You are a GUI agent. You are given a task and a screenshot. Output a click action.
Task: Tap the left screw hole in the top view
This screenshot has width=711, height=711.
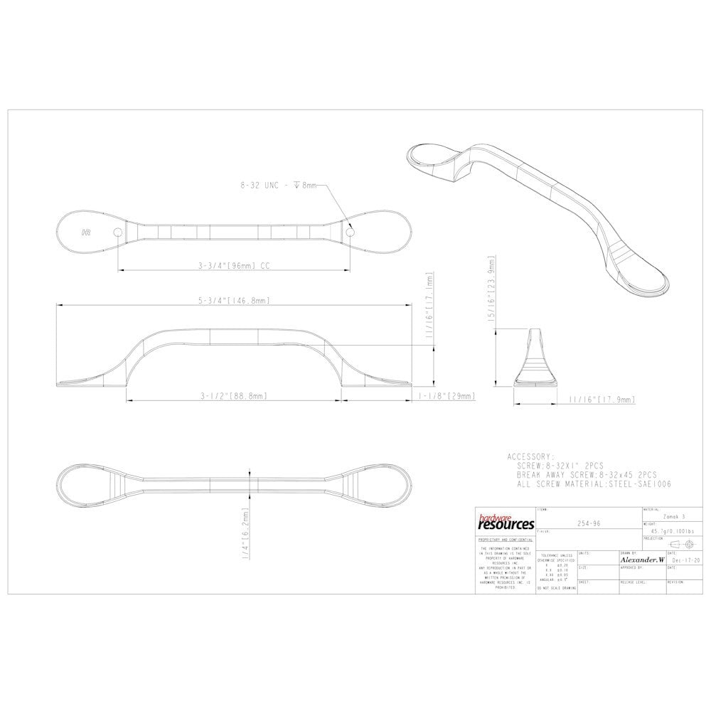(117, 232)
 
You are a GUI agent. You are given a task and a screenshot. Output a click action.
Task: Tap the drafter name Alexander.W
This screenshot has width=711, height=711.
(641, 560)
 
